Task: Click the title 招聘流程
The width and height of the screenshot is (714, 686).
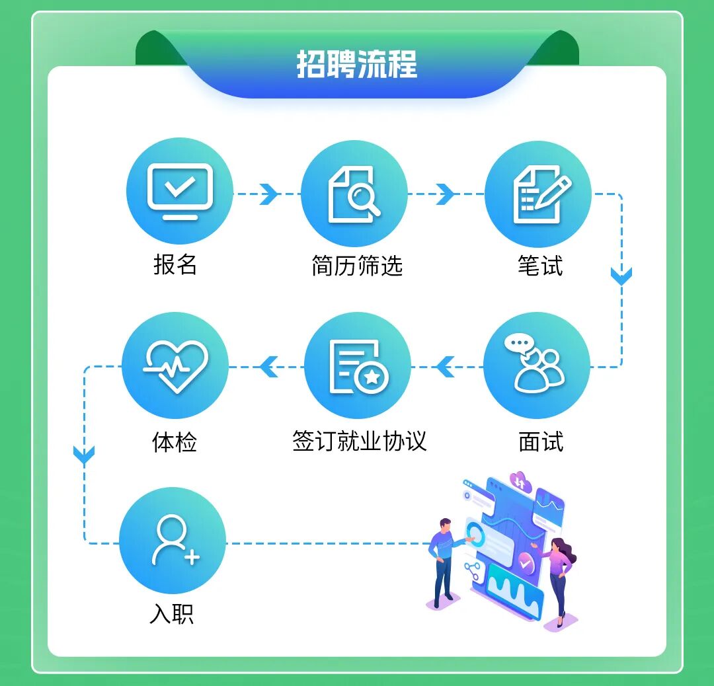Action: tap(356, 65)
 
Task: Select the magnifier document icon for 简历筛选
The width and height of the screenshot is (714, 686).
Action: tap(354, 194)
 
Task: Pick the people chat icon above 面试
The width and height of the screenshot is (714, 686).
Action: tap(536, 365)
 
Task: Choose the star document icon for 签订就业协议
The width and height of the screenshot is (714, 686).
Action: tap(358, 366)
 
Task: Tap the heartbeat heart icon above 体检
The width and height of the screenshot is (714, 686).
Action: tap(175, 365)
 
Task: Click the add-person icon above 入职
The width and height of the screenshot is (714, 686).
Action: tap(173, 541)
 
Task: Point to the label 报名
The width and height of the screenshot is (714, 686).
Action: tap(175, 265)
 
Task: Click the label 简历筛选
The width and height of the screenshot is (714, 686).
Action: tap(357, 266)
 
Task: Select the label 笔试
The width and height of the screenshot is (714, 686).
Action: tap(540, 266)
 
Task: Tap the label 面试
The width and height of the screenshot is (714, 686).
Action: tap(541, 441)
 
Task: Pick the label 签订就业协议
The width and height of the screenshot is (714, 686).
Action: tap(359, 441)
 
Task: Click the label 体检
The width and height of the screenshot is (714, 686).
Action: tap(175, 441)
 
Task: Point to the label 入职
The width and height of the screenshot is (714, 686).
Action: tap(172, 615)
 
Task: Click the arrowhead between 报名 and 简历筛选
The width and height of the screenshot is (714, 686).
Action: tap(268, 194)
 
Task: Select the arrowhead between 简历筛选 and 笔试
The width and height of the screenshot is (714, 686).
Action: tap(446, 194)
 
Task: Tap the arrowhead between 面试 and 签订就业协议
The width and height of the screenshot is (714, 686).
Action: tap(446, 366)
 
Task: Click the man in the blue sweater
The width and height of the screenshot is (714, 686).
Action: tap(445, 558)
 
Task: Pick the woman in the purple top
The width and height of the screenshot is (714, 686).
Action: tap(560, 578)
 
